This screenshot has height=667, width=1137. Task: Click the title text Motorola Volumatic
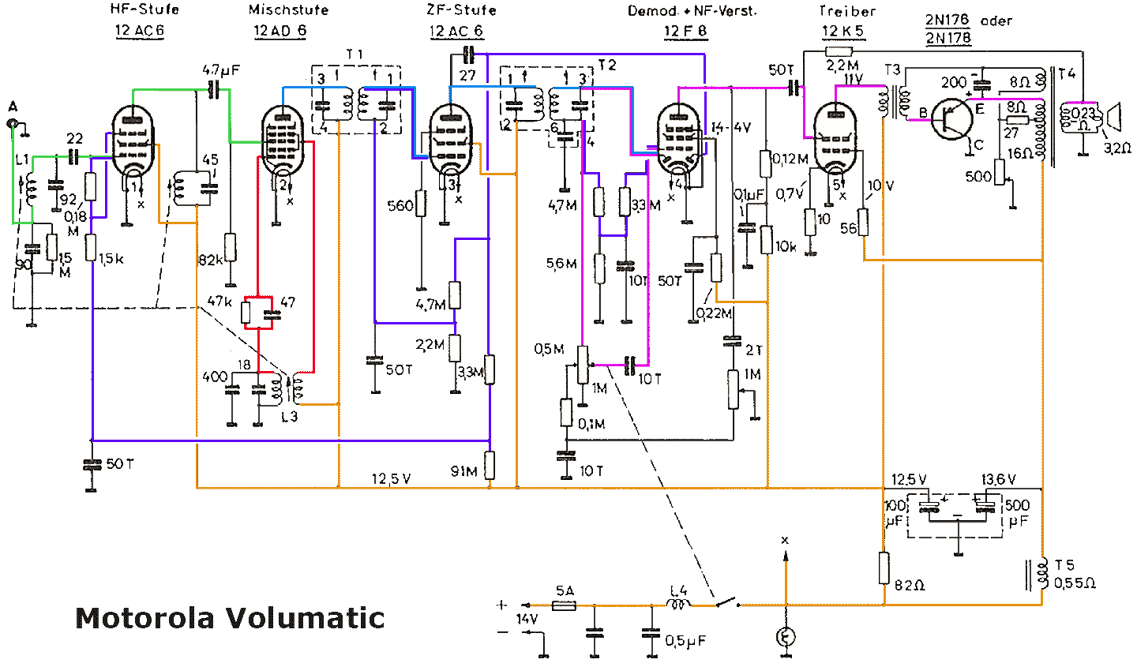230,617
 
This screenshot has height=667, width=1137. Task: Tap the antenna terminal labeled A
13,123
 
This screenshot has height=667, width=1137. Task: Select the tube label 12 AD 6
280,32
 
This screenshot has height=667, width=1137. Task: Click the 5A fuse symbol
564,605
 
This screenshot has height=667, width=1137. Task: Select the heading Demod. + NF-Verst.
692,11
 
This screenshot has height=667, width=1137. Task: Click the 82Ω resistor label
910,585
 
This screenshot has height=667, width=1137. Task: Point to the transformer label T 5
1064,565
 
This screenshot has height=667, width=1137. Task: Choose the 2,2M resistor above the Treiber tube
844,51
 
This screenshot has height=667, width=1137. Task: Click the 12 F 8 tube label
685,32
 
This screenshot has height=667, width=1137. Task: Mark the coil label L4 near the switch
678,590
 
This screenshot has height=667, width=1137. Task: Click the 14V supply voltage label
527,620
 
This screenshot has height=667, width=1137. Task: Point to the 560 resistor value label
400,206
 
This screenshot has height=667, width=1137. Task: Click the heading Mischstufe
288,10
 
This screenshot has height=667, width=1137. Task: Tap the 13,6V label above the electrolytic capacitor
998,480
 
